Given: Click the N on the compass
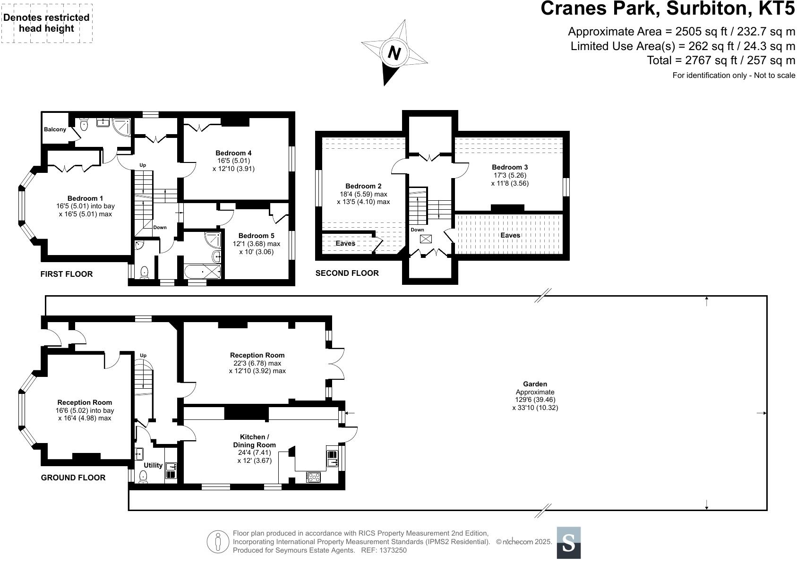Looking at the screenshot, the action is (394, 53).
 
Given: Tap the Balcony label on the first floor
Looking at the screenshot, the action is (55, 129).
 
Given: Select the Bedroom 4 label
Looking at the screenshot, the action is (233, 153).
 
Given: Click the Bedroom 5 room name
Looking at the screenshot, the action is (256, 236).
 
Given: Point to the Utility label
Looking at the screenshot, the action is (153, 465).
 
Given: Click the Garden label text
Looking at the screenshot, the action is (535, 384).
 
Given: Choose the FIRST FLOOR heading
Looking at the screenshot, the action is (67, 274).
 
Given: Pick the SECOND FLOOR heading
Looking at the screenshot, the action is (347, 273).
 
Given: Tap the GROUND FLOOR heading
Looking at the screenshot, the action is (73, 478).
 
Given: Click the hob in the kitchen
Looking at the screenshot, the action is (313, 477).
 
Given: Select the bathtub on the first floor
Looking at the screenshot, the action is (203, 272).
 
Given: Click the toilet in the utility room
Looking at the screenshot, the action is (143, 477).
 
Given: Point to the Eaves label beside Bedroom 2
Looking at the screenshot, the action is (345, 243).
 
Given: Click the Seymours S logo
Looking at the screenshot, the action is (568, 543).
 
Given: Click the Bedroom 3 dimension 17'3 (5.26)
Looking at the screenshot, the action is (510, 175).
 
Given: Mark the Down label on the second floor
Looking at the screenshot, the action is (417, 230).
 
